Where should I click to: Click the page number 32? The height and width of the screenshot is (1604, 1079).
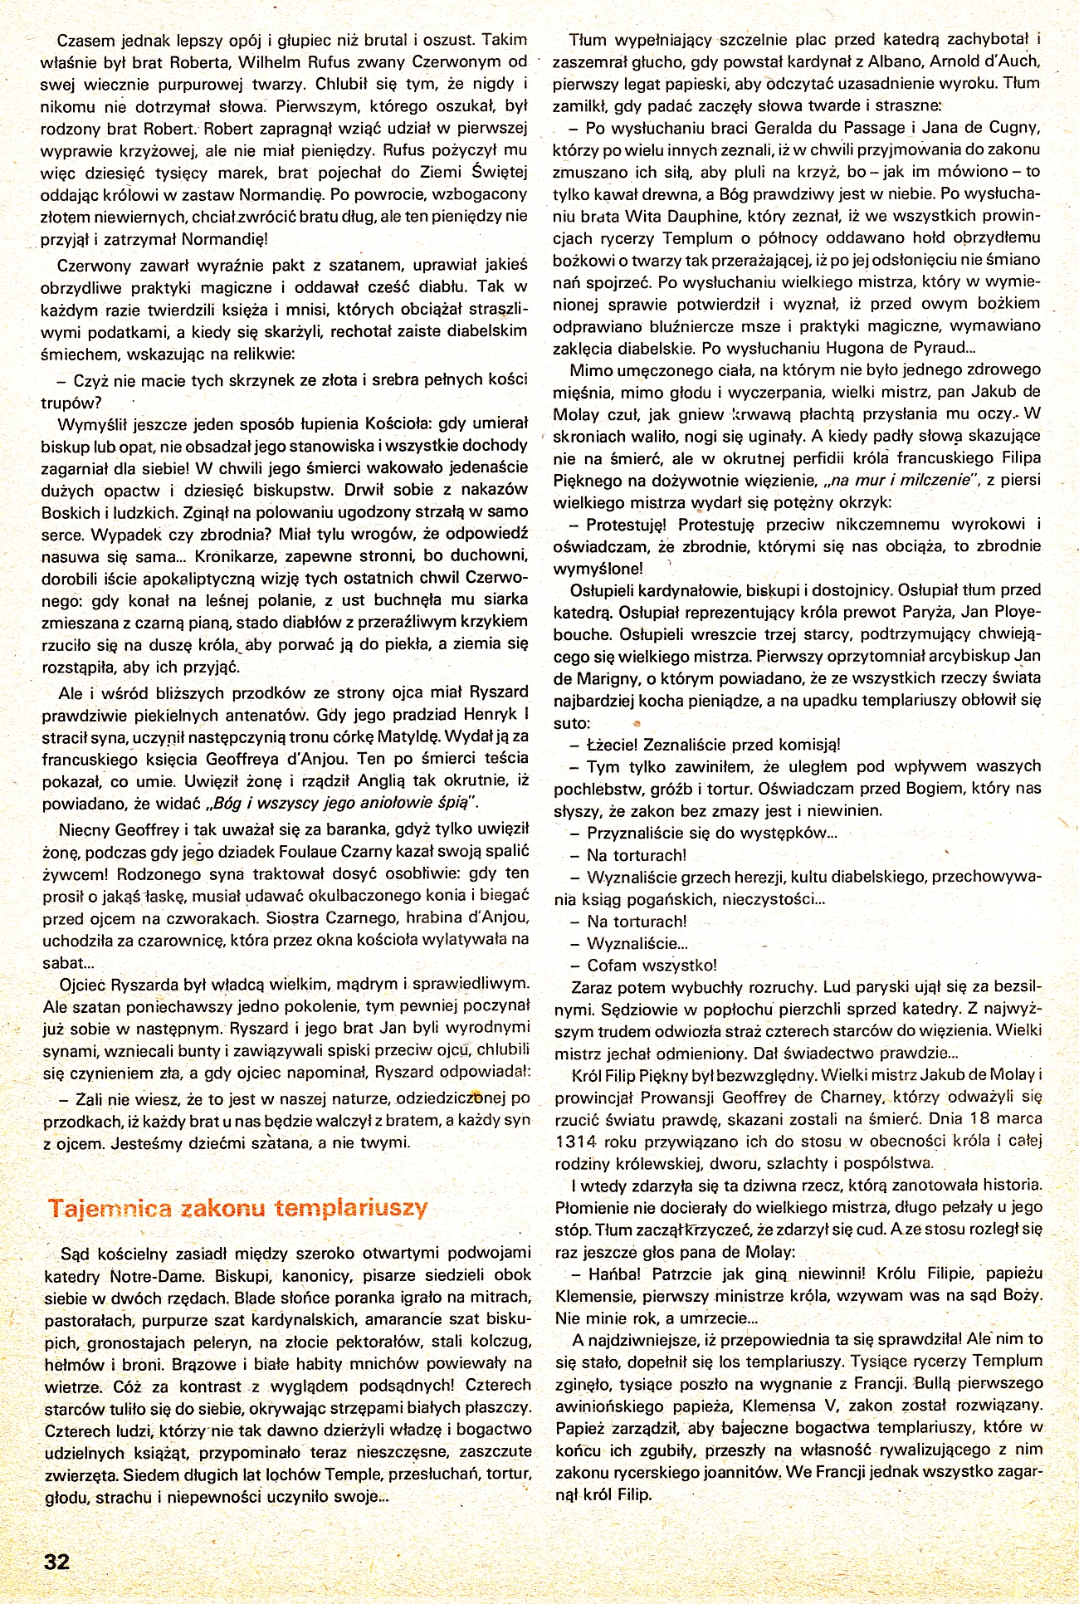[x=56, y=1561]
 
